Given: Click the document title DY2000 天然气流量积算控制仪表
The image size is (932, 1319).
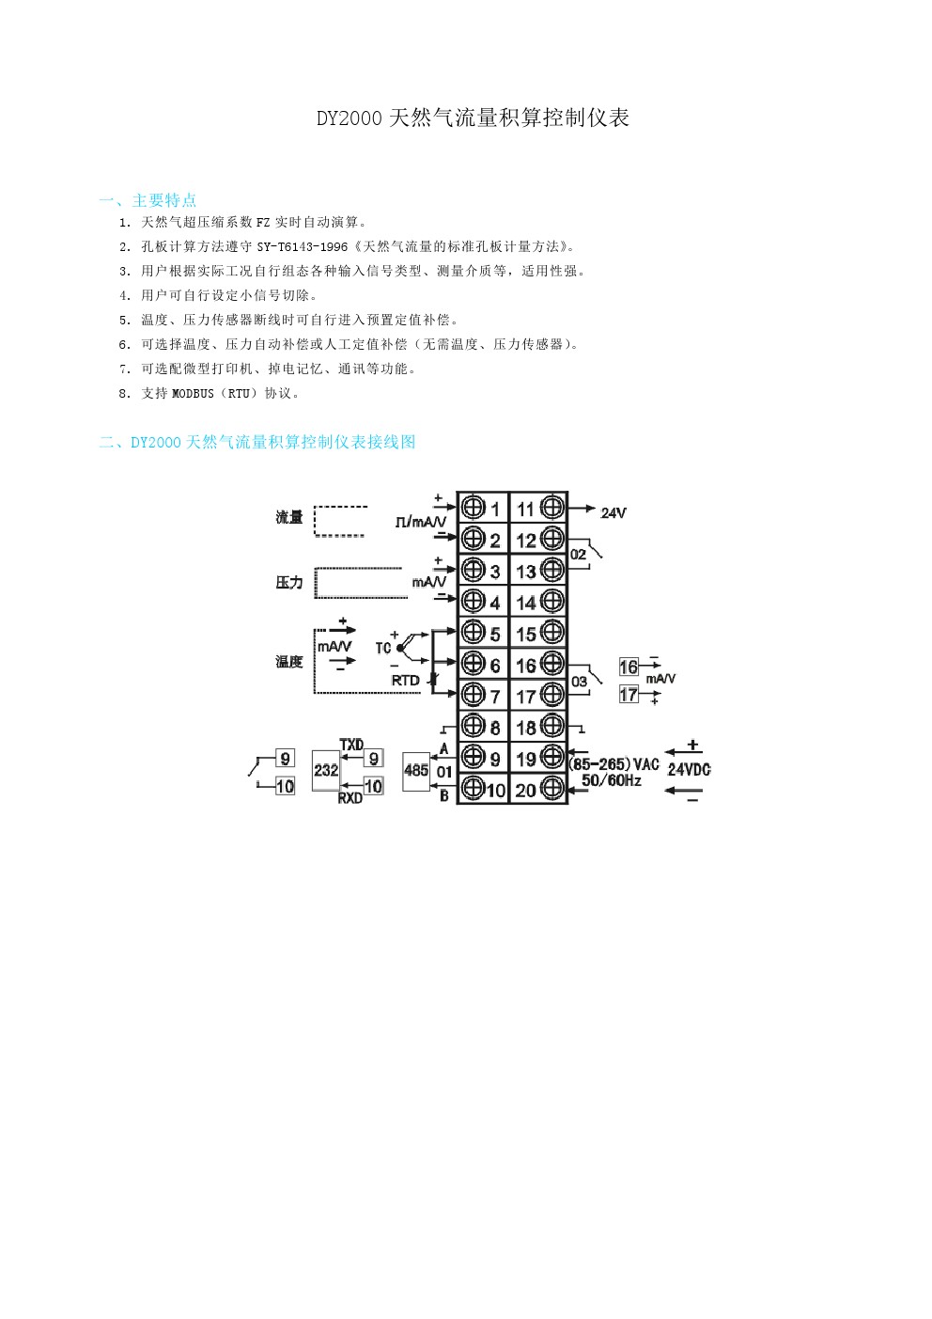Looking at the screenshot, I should click(473, 118).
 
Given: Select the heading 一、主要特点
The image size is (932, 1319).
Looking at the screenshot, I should click(148, 200).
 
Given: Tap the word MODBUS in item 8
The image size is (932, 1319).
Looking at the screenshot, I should click(193, 394).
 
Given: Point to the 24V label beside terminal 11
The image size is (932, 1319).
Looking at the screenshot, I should click(613, 513).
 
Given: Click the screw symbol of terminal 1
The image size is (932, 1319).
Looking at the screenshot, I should click(474, 508).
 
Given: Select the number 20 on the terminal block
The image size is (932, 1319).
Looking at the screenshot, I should click(525, 791).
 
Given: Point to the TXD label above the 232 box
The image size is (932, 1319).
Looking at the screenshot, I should click(351, 745).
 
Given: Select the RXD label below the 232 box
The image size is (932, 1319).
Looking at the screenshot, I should click(350, 798).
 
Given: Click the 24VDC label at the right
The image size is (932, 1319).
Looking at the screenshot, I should click(689, 770).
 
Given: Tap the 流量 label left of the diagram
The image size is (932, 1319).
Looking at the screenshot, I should click(289, 517).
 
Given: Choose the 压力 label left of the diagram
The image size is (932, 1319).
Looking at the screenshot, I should click(289, 583).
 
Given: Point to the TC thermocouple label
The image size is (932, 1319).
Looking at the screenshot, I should click(383, 648).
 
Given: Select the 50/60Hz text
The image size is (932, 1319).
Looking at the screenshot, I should click(611, 781).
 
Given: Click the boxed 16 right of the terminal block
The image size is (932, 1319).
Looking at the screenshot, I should click(629, 667).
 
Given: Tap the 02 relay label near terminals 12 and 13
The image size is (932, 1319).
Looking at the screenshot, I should click(578, 555).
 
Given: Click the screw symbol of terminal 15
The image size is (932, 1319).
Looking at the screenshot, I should click(552, 633).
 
